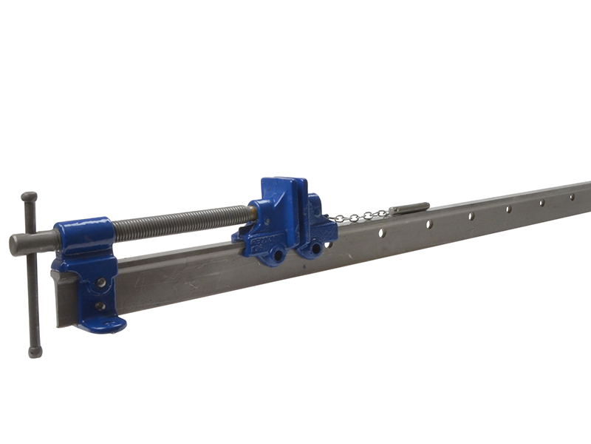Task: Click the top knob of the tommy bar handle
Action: (29, 197)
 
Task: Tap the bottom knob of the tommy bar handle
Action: (34, 352)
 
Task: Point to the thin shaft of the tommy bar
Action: (31, 296)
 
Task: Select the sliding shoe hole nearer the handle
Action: (279, 255)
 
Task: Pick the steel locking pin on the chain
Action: (409, 208)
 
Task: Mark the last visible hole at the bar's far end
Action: (570, 197)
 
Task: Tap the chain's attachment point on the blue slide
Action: (333, 221)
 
